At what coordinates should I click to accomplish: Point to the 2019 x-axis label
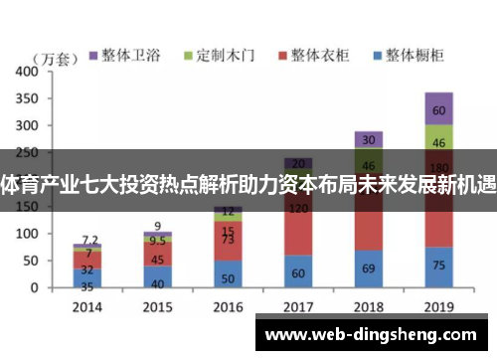click(438, 305)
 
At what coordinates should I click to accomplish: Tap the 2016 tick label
click(229, 305)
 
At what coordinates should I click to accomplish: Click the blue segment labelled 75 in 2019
click(438, 267)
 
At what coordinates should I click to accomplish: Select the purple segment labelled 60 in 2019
click(438, 109)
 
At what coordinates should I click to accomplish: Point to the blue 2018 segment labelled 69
click(369, 269)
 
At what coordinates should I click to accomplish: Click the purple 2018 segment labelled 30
click(369, 140)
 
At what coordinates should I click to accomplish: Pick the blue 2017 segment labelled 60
click(298, 271)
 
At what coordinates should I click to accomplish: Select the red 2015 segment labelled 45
click(158, 260)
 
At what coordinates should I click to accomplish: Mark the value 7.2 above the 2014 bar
click(89, 240)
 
